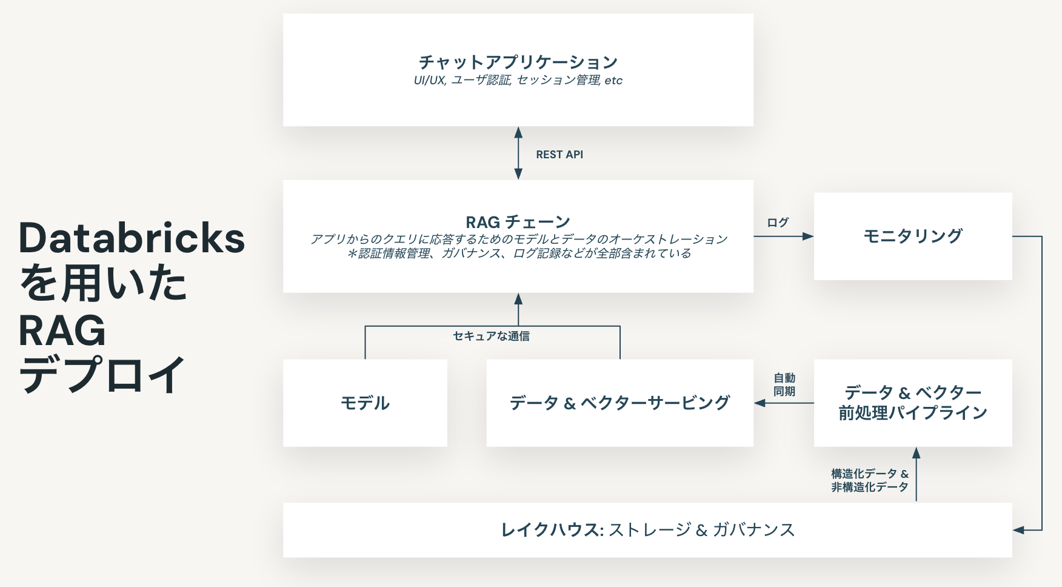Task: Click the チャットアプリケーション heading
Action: [518, 62]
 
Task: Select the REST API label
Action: [559, 155]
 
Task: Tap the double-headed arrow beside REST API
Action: [518, 153]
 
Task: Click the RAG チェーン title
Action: [518, 222]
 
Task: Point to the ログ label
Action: [778, 223]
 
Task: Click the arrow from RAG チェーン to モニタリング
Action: [783, 236]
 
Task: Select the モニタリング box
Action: [912, 236]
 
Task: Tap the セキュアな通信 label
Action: [491, 336]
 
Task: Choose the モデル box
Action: [365, 403]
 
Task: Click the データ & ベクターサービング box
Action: [619, 403]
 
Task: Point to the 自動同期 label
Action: [784, 385]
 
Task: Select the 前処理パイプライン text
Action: [912, 414]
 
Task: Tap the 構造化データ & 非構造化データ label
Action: [869, 480]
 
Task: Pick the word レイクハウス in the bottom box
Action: [550, 530]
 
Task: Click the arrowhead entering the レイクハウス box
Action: [1019, 530]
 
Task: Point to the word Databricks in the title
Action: [132, 238]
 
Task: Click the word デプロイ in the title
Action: [101, 375]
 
